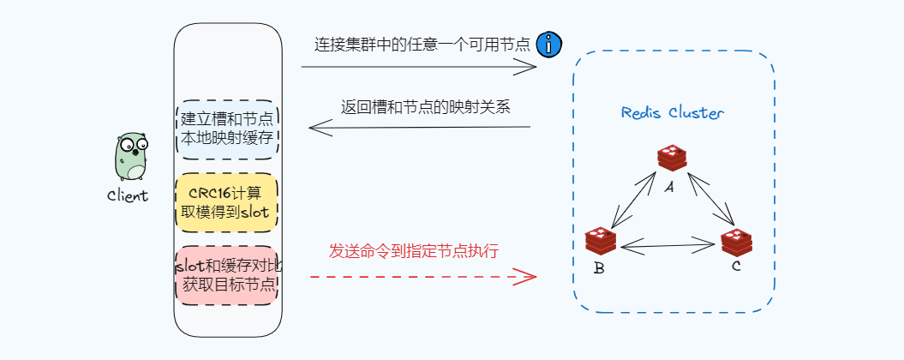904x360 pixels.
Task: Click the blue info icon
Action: [x=548, y=45]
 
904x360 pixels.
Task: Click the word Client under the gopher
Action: [x=128, y=195]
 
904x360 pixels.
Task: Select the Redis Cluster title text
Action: [x=673, y=113]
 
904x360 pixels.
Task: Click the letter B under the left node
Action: [x=599, y=269]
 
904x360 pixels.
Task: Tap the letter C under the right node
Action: [x=735, y=267]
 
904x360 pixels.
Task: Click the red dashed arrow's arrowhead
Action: [x=527, y=276]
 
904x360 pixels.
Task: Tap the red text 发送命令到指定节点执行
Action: [x=414, y=251]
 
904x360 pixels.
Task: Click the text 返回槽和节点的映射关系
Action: [x=426, y=108]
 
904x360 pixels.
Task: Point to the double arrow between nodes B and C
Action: [x=668, y=247]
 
